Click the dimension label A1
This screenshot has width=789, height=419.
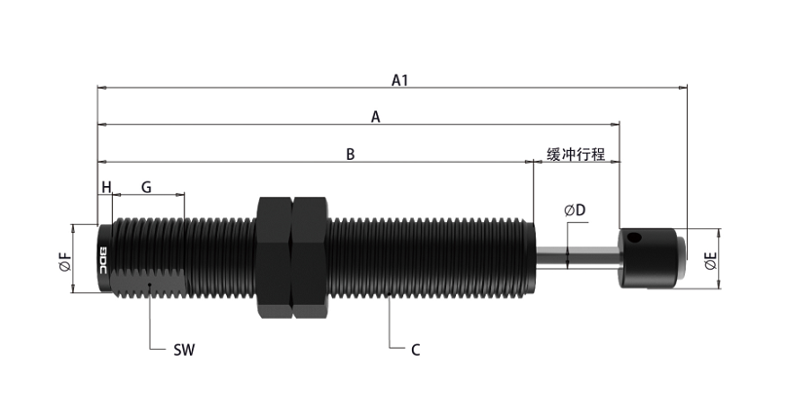point(398,80)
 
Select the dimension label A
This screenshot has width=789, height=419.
point(375,117)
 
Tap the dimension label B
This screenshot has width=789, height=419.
point(350,154)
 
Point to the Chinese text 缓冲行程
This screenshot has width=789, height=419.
point(577,154)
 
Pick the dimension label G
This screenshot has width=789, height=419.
point(146,186)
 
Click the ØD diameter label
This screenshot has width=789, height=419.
point(574,210)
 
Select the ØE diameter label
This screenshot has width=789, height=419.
point(711,260)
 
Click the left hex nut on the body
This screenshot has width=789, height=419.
point(275,257)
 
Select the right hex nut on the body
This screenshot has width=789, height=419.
point(311,257)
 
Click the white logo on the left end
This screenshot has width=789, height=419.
point(106,258)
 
